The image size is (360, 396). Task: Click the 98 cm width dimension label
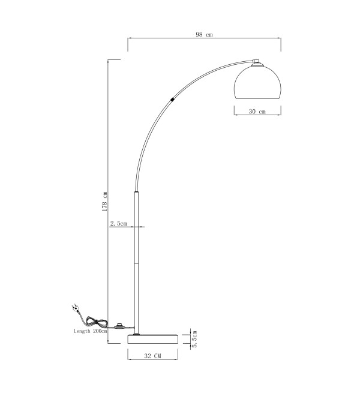coord(204,34)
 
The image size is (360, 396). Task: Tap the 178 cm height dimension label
coord(104,201)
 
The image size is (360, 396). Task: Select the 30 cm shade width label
coord(257,111)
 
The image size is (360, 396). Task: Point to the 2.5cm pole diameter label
coord(118,223)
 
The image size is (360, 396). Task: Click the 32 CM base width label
coord(152,356)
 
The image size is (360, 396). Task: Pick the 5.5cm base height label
coord(194,339)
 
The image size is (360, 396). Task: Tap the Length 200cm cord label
coord(90,331)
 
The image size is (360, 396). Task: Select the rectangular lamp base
coord(152,339)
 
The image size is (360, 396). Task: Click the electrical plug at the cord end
coord(76,308)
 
